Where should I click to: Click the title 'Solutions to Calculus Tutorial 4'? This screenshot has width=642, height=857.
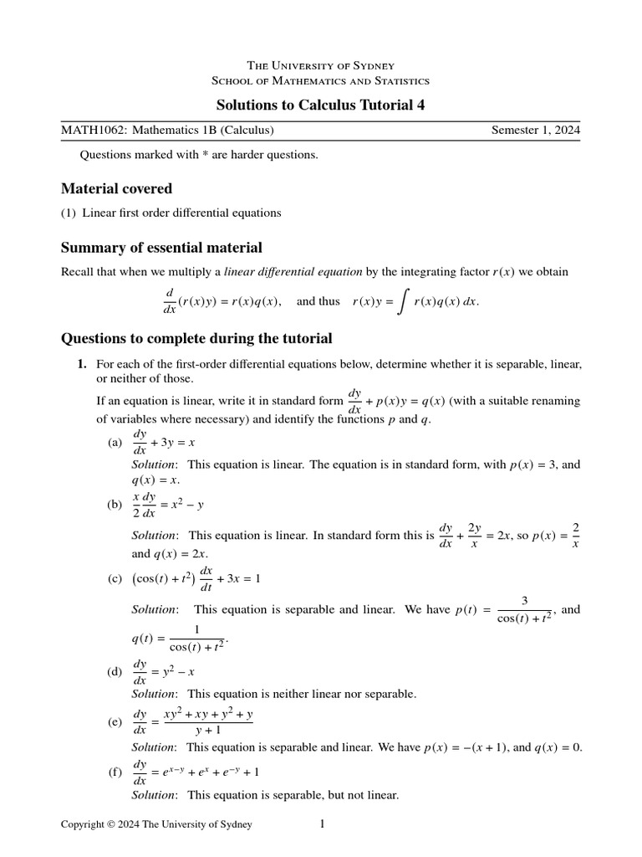321,104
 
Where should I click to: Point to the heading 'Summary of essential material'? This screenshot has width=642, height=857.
161,248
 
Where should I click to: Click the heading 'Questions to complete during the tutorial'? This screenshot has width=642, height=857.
196,338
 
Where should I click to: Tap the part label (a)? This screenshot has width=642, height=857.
115,443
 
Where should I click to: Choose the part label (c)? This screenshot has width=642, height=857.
115,579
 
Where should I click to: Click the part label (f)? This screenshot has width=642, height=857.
115,772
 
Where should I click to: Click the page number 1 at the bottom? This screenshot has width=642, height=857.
322,824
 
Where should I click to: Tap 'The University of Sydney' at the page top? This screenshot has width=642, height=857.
321,65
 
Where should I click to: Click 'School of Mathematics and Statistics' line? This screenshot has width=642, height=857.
321,80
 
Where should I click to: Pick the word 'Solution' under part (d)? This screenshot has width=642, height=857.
154,694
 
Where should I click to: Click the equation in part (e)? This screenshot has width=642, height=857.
193,721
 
